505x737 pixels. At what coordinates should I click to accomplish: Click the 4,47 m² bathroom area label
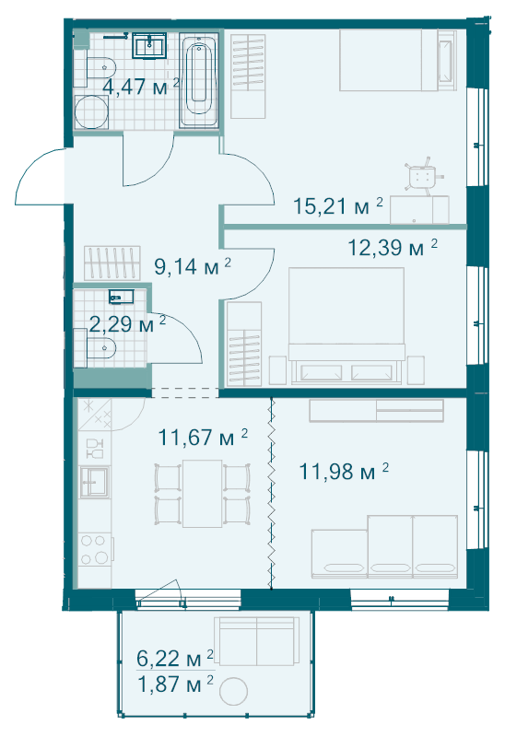141,87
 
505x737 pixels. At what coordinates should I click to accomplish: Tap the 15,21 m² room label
338,205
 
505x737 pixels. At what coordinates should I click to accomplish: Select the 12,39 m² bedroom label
393,247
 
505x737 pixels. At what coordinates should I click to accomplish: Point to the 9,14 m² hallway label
193,266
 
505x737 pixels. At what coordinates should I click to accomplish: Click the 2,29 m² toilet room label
127,324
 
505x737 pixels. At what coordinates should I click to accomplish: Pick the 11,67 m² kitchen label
203,437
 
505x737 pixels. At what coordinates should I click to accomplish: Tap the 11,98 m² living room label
344,472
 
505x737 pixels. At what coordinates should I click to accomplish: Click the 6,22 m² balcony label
175,659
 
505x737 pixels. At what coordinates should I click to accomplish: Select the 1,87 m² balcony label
175,684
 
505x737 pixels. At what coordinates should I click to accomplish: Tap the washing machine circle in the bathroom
91,111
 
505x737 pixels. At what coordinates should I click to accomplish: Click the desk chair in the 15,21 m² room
423,176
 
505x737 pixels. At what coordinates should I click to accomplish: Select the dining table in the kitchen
203,494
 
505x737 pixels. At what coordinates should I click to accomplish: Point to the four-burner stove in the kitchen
94,550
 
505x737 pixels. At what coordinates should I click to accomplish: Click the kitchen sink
95,481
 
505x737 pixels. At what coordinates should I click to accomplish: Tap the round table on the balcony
234,691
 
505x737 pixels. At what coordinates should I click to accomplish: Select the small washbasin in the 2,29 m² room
121,297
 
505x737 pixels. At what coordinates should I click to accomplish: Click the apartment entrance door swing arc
40,176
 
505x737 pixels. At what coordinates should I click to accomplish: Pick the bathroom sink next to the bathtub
149,46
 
